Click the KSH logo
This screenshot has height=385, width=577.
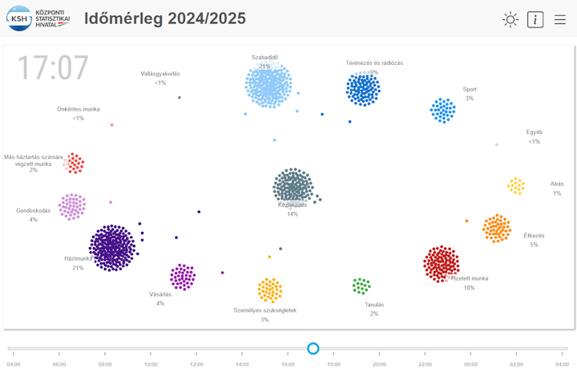pos(38,18)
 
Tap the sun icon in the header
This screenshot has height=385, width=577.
pos(510,20)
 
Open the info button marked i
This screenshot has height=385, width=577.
pos(535,20)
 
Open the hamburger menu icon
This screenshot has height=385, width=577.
pos(560,20)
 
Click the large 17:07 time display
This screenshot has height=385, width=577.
pos(53,69)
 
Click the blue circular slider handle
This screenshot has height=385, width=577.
pos(313,348)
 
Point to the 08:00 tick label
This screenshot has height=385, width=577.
pos(105,364)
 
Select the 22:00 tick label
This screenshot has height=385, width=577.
pos(425,364)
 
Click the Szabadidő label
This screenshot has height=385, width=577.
pos(264,57)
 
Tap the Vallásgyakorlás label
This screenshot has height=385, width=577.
pos(160,74)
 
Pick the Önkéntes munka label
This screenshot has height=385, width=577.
pos(78,109)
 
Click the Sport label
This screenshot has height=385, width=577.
pos(469,89)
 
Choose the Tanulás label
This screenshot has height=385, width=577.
pos(373,305)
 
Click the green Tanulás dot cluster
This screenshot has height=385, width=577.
pos(361,286)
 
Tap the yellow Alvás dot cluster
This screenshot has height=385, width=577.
pos(516,186)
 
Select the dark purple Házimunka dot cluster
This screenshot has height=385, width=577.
pos(113,248)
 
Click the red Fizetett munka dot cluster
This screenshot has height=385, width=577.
pos(441,264)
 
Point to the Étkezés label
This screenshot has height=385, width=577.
pos(534,236)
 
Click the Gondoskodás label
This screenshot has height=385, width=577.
pos(34,211)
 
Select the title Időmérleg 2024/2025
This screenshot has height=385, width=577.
pos(165,18)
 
